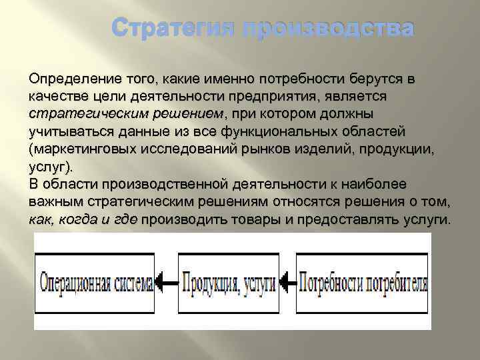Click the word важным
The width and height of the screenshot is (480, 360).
55,201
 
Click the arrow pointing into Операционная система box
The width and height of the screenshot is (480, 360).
169,282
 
